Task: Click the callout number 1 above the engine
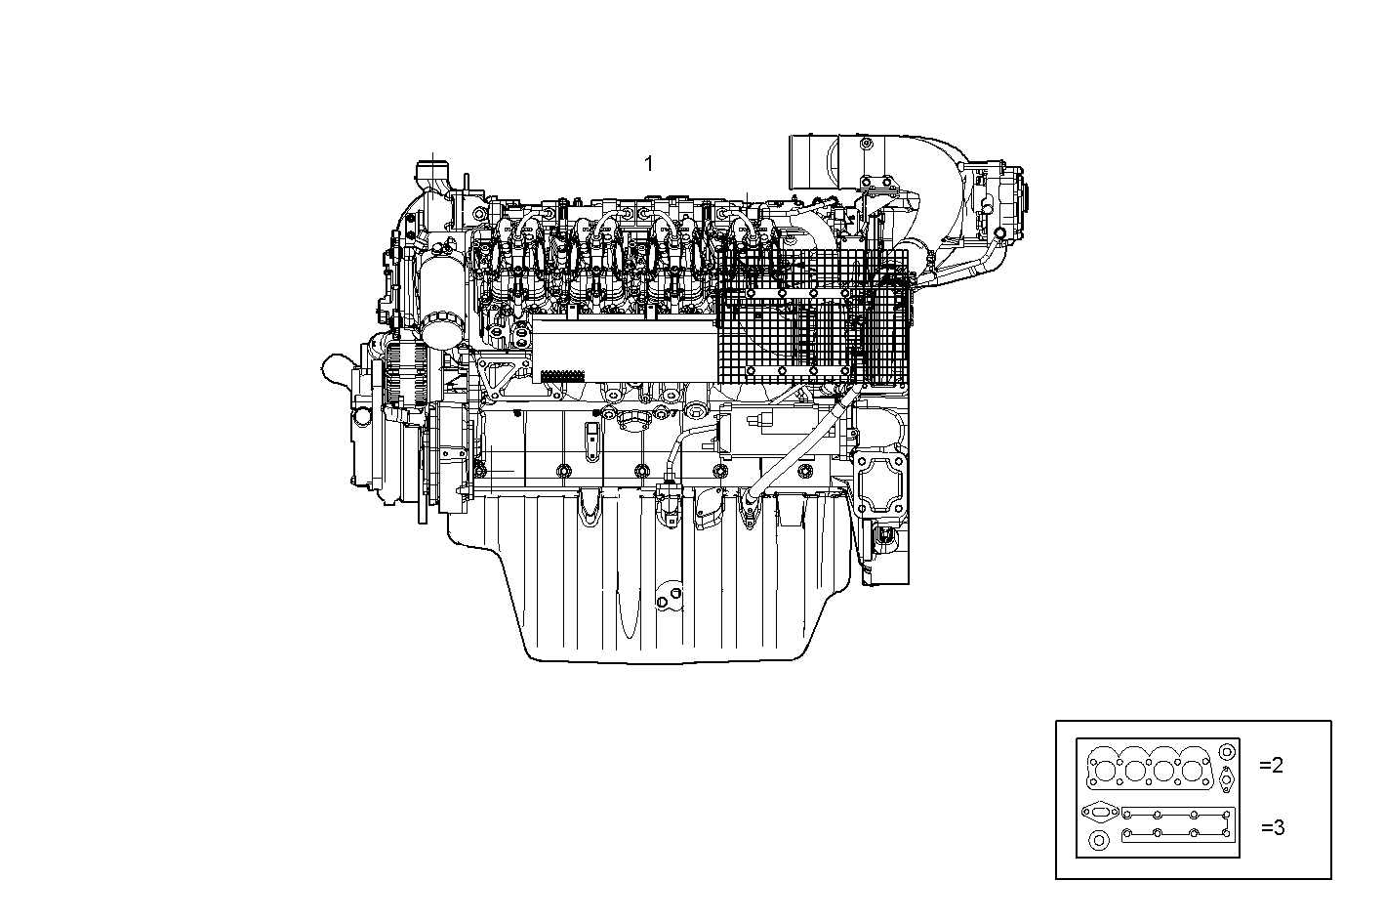648,164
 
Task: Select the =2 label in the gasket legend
1271,765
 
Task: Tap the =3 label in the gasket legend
1272,828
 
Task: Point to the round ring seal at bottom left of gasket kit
1100,842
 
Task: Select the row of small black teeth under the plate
562,375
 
